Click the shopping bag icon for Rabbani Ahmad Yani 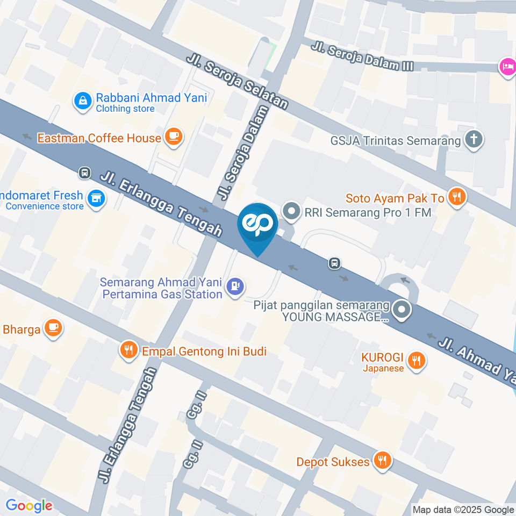[x=83, y=100]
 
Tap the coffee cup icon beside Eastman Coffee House [x=174, y=137]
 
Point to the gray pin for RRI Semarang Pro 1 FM [x=292, y=211]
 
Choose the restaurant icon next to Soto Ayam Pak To [x=457, y=197]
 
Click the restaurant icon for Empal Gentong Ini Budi [x=128, y=350]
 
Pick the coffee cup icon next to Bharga [x=53, y=327]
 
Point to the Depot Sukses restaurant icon [x=382, y=461]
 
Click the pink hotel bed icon [x=507, y=67]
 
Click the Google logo [x=29, y=505]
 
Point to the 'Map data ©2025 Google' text [x=463, y=510]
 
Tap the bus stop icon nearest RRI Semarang [x=334, y=263]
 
